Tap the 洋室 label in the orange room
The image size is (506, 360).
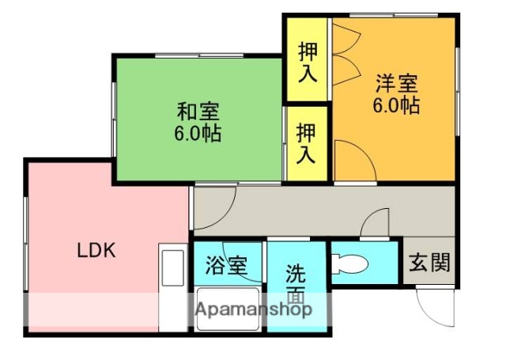click(395, 82)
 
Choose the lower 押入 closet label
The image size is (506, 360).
click(307, 142)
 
